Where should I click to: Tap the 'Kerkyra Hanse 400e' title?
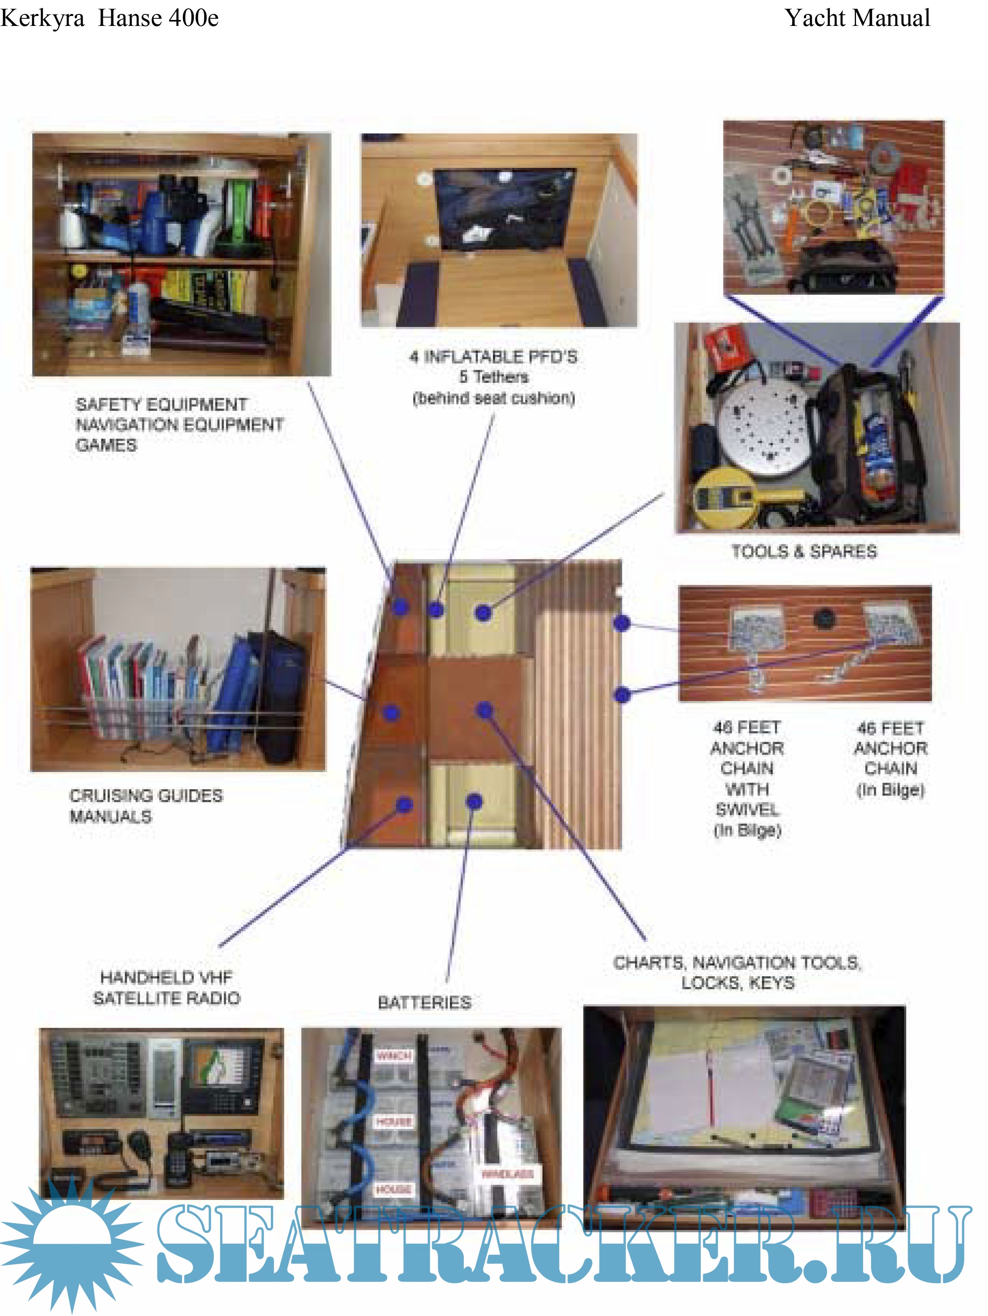(x=110, y=18)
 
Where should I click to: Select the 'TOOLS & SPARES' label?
(x=803, y=552)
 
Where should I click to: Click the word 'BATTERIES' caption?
(x=424, y=1003)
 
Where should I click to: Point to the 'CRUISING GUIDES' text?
(x=146, y=796)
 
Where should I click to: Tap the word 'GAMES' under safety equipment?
(x=106, y=445)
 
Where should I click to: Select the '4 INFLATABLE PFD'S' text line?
(x=493, y=357)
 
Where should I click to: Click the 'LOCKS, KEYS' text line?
(x=738, y=983)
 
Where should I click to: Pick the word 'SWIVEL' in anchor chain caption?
(x=747, y=810)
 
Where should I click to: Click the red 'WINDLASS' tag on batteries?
(x=507, y=1174)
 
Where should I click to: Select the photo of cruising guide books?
(x=178, y=669)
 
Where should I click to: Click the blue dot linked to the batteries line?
(x=474, y=802)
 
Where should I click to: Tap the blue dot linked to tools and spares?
(x=483, y=613)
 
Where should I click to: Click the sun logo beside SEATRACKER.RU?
(x=71, y=1243)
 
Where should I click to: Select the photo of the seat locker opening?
(x=499, y=230)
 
